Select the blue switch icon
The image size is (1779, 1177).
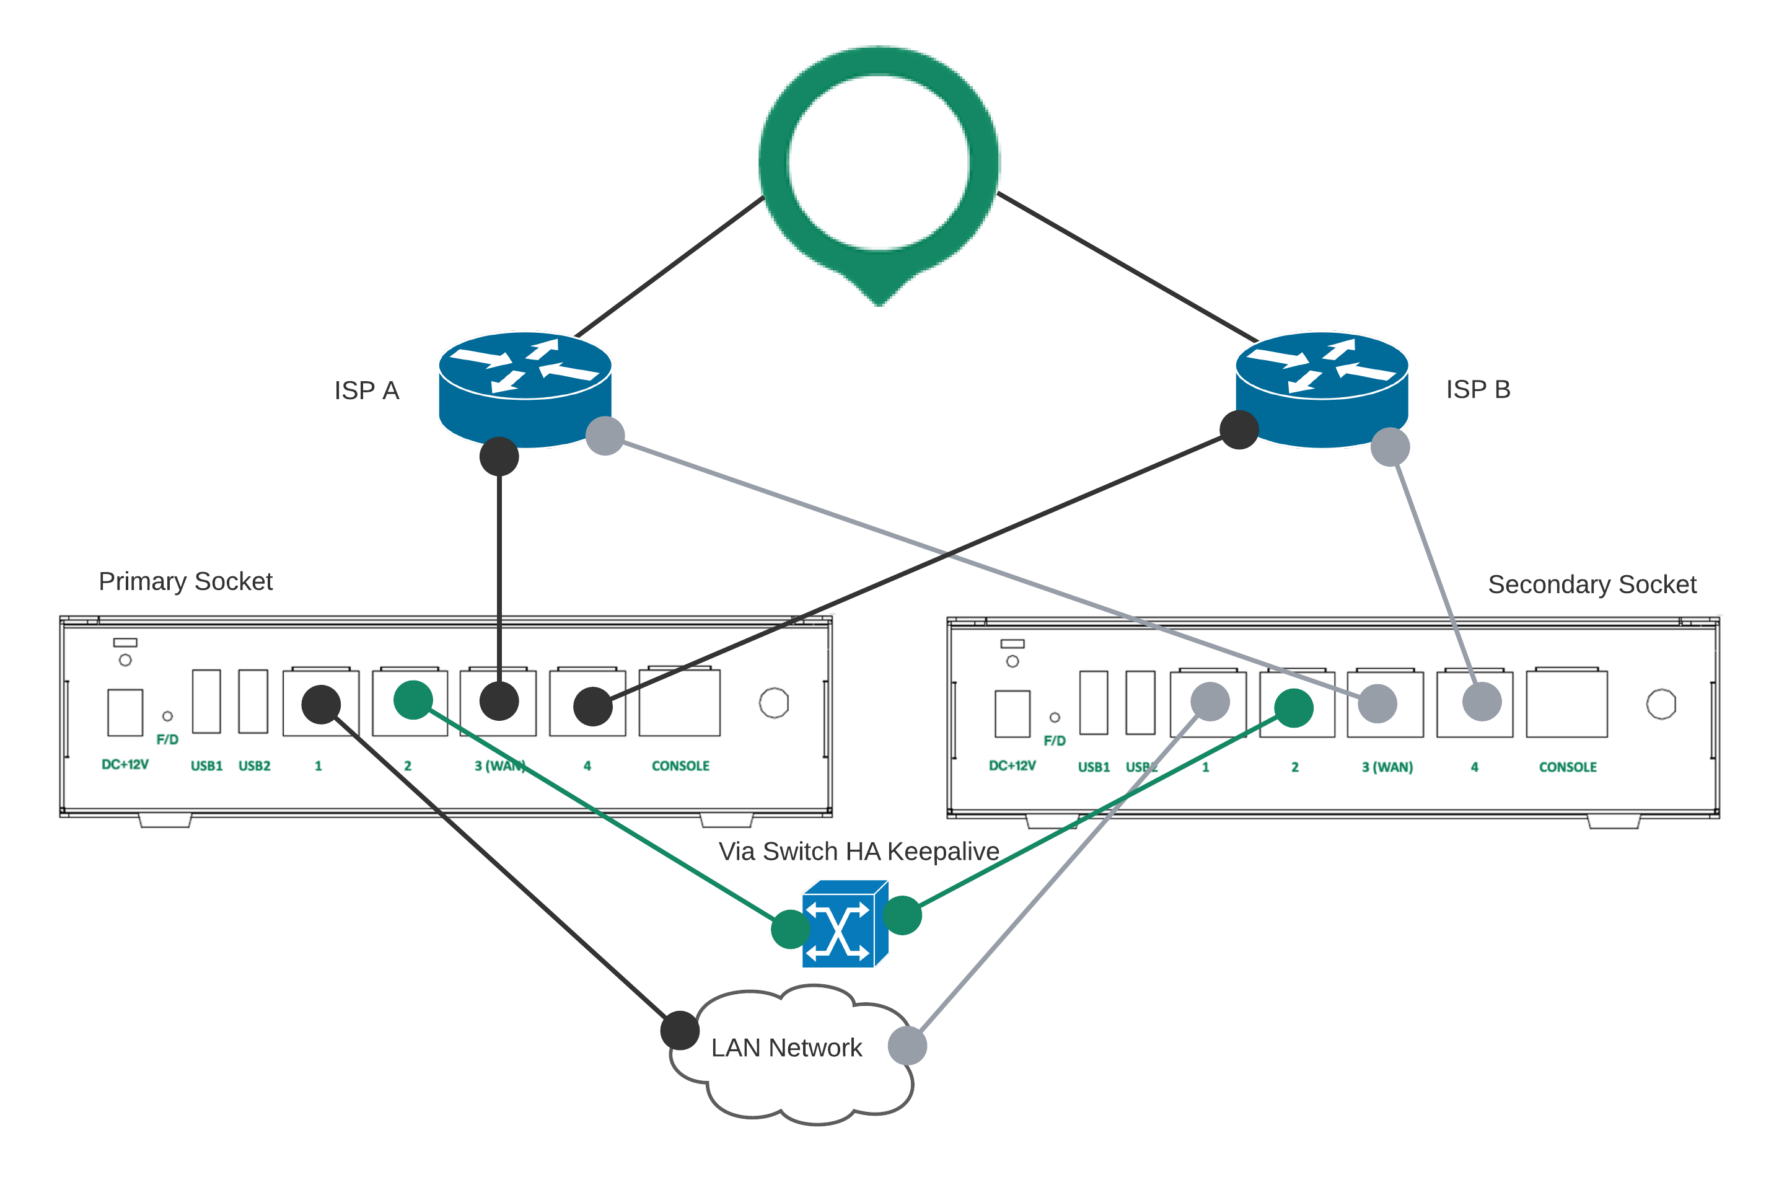point(845,924)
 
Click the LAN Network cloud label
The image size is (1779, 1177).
point(786,1047)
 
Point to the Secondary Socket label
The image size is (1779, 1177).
point(1591,584)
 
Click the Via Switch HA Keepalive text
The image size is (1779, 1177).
point(858,851)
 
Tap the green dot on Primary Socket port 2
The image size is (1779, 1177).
point(413,700)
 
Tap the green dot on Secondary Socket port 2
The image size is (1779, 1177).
point(1294,708)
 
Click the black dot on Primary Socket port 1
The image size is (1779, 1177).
point(321,704)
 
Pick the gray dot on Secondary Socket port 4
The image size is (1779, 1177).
point(1482,702)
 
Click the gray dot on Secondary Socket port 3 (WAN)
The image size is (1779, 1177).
point(1377,703)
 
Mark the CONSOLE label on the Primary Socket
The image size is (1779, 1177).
point(680,765)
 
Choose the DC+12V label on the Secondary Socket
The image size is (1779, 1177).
point(1011,765)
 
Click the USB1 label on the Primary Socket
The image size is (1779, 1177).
point(206,765)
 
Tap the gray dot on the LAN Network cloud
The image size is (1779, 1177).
point(907,1046)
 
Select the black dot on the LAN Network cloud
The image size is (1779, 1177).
point(680,1030)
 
